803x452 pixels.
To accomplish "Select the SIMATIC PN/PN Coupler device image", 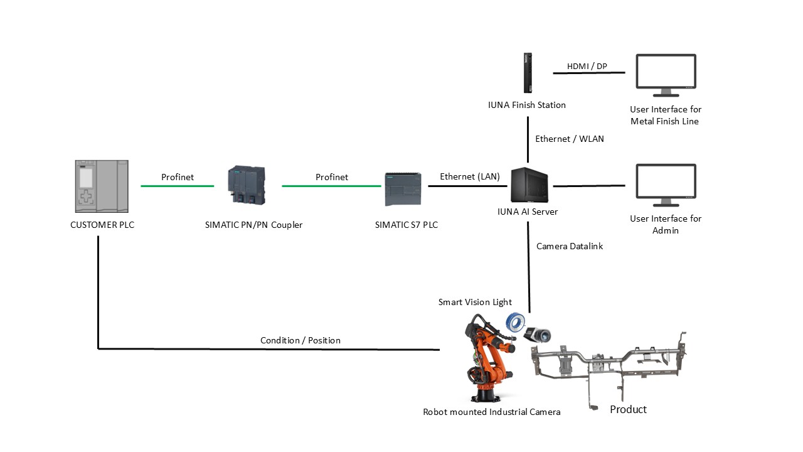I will (x=246, y=186).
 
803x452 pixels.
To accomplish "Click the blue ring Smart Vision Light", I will (x=516, y=323).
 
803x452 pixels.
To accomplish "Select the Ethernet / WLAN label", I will (x=569, y=139).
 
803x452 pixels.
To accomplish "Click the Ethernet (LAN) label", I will (x=469, y=176).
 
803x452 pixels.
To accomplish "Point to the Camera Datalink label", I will (x=569, y=246).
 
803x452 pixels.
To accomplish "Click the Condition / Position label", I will (x=300, y=340).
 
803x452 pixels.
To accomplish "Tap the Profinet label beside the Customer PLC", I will (x=178, y=177).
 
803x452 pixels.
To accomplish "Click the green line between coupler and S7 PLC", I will (x=331, y=186).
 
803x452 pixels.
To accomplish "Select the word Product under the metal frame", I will (x=628, y=409).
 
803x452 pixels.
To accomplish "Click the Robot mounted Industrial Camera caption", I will (x=491, y=412).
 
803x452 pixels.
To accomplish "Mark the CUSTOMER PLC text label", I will (x=102, y=224).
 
